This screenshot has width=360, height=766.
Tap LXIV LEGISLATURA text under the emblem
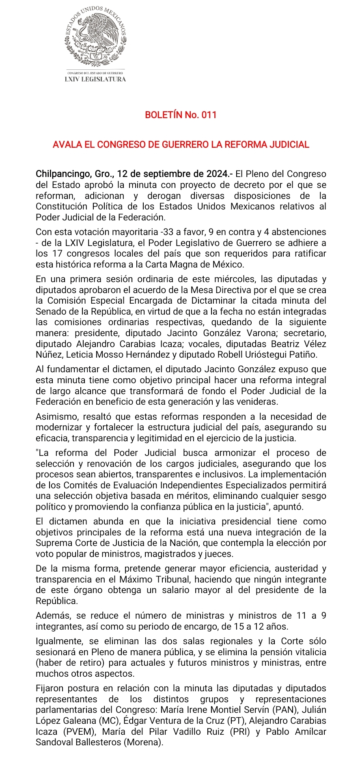click(x=95, y=79)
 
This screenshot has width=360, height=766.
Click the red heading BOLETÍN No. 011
click(x=181, y=115)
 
